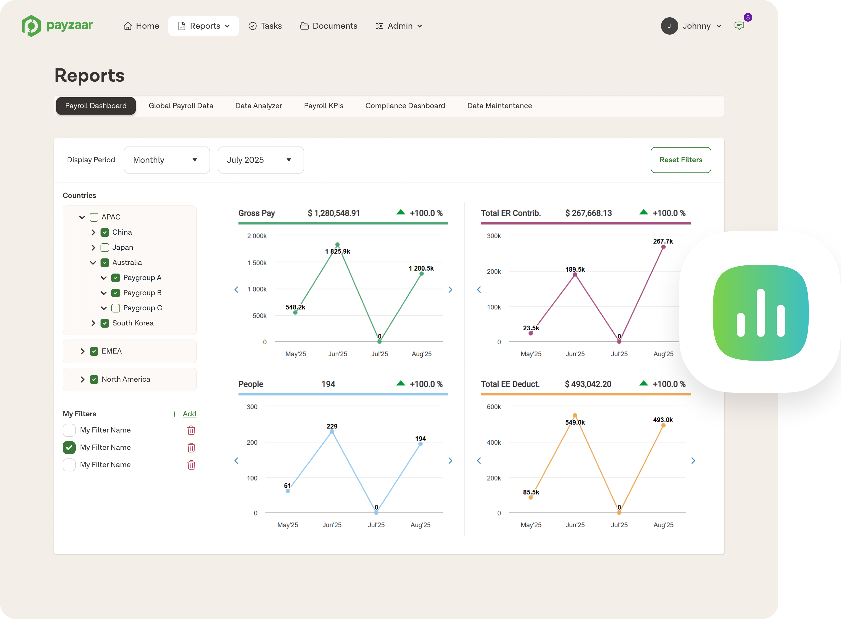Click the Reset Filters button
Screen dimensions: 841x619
(x=681, y=160)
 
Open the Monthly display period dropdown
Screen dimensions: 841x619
(x=167, y=160)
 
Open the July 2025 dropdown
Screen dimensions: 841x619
(x=261, y=160)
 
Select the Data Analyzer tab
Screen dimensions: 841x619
(x=258, y=106)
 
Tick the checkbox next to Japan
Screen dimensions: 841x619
(x=105, y=248)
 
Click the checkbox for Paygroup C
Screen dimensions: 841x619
(x=116, y=308)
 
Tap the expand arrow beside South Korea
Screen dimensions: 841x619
(x=93, y=323)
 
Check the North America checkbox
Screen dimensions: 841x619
(x=94, y=379)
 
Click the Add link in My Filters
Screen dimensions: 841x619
(x=189, y=414)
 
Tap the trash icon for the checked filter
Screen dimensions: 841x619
(x=191, y=447)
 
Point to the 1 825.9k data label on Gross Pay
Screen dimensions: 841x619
(x=338, y=251)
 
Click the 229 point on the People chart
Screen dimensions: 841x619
(x=332, y=432)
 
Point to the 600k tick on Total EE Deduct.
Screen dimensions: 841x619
(x=494, y=407)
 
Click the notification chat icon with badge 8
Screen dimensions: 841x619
(x=739, y=26)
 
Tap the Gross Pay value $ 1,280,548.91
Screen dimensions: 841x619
(x=334, y=213)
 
